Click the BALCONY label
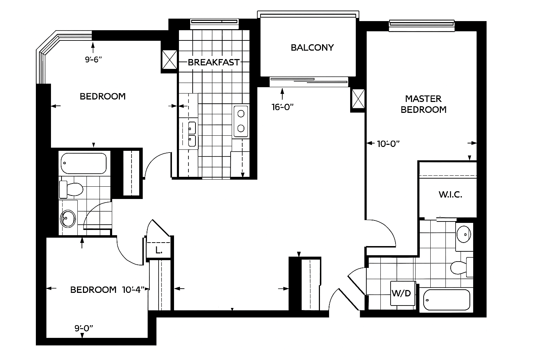[x=312, y=47]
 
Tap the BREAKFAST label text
[x=213, y=62]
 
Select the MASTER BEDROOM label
[x=423, y=104]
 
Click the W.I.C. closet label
[x=450, y=195]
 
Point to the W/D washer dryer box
[x=403, y=294]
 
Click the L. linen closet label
[x=159, y=251]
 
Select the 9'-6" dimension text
[x=93, y=59]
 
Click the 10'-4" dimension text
[x=134, y=290]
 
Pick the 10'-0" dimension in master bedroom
[x=388, y=143]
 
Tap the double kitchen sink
[x=192, y=134]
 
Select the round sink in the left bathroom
[x=68, y=219]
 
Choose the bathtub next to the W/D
[x=447, y=300]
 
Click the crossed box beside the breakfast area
[x=169, y=60]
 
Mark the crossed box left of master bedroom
[x=358, y=99]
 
